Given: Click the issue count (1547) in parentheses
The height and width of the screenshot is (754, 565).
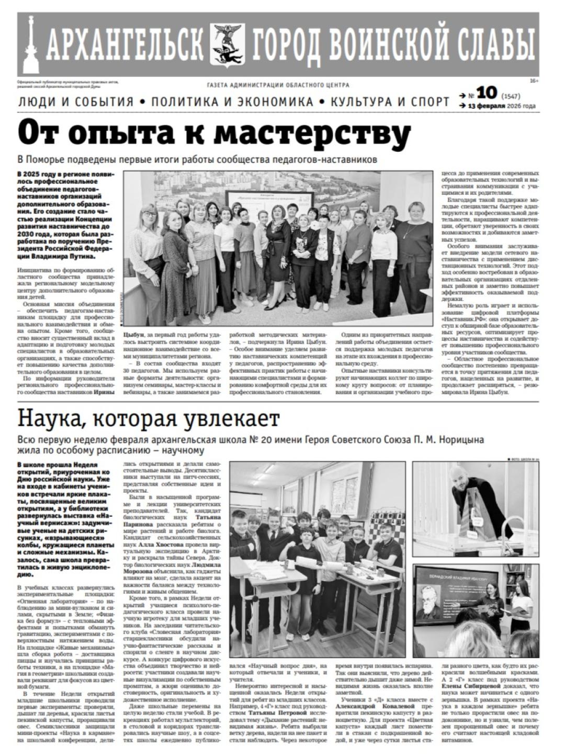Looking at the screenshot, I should [511, 96].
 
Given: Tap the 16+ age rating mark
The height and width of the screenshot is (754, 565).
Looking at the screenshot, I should [534, 81].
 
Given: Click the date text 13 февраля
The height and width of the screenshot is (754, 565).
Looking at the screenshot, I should [487, 106].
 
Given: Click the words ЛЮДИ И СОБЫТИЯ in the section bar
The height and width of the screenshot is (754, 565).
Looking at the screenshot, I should [76, 102].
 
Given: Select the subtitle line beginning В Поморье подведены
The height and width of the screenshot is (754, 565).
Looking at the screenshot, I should [197, 160].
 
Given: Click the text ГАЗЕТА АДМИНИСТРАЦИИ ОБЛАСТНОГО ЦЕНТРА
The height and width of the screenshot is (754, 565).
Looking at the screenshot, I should [278, 85].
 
